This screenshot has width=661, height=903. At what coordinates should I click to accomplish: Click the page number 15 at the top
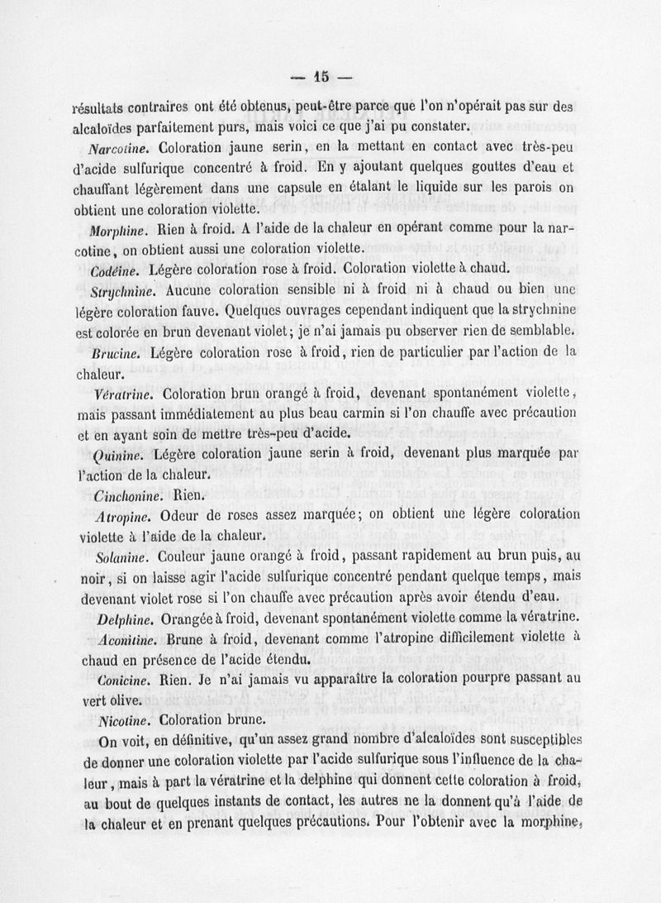pyautogui.click(x=321, y=77)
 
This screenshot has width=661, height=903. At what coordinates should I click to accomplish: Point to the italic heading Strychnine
pyautogui.click(x=125, y=291)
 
